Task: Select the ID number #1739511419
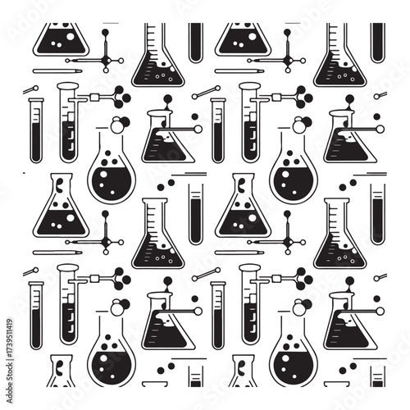[x=10, y=337]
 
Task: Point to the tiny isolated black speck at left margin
[x=24, y=173]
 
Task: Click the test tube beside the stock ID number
[x=36, y=315]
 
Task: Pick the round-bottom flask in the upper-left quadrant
[x=112, y=167]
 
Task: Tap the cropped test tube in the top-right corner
[x=378, y=43]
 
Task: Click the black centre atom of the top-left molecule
[x=106, y=60]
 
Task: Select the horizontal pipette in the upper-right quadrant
[x=239, y=71]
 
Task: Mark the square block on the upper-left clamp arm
[x=94, y=97]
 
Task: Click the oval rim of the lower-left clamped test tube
[x=67, y=268]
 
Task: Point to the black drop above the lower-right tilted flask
[x=349, y=281]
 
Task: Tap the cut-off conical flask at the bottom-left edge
[x=61, y=371]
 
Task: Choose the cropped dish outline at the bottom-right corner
[x=337, y=384]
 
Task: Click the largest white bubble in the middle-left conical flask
[x=71, y=218]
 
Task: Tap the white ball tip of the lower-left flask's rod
[x=198, y=311]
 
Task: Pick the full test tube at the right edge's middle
[x=378, y=214]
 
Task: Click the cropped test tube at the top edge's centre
[x=196, y=43]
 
